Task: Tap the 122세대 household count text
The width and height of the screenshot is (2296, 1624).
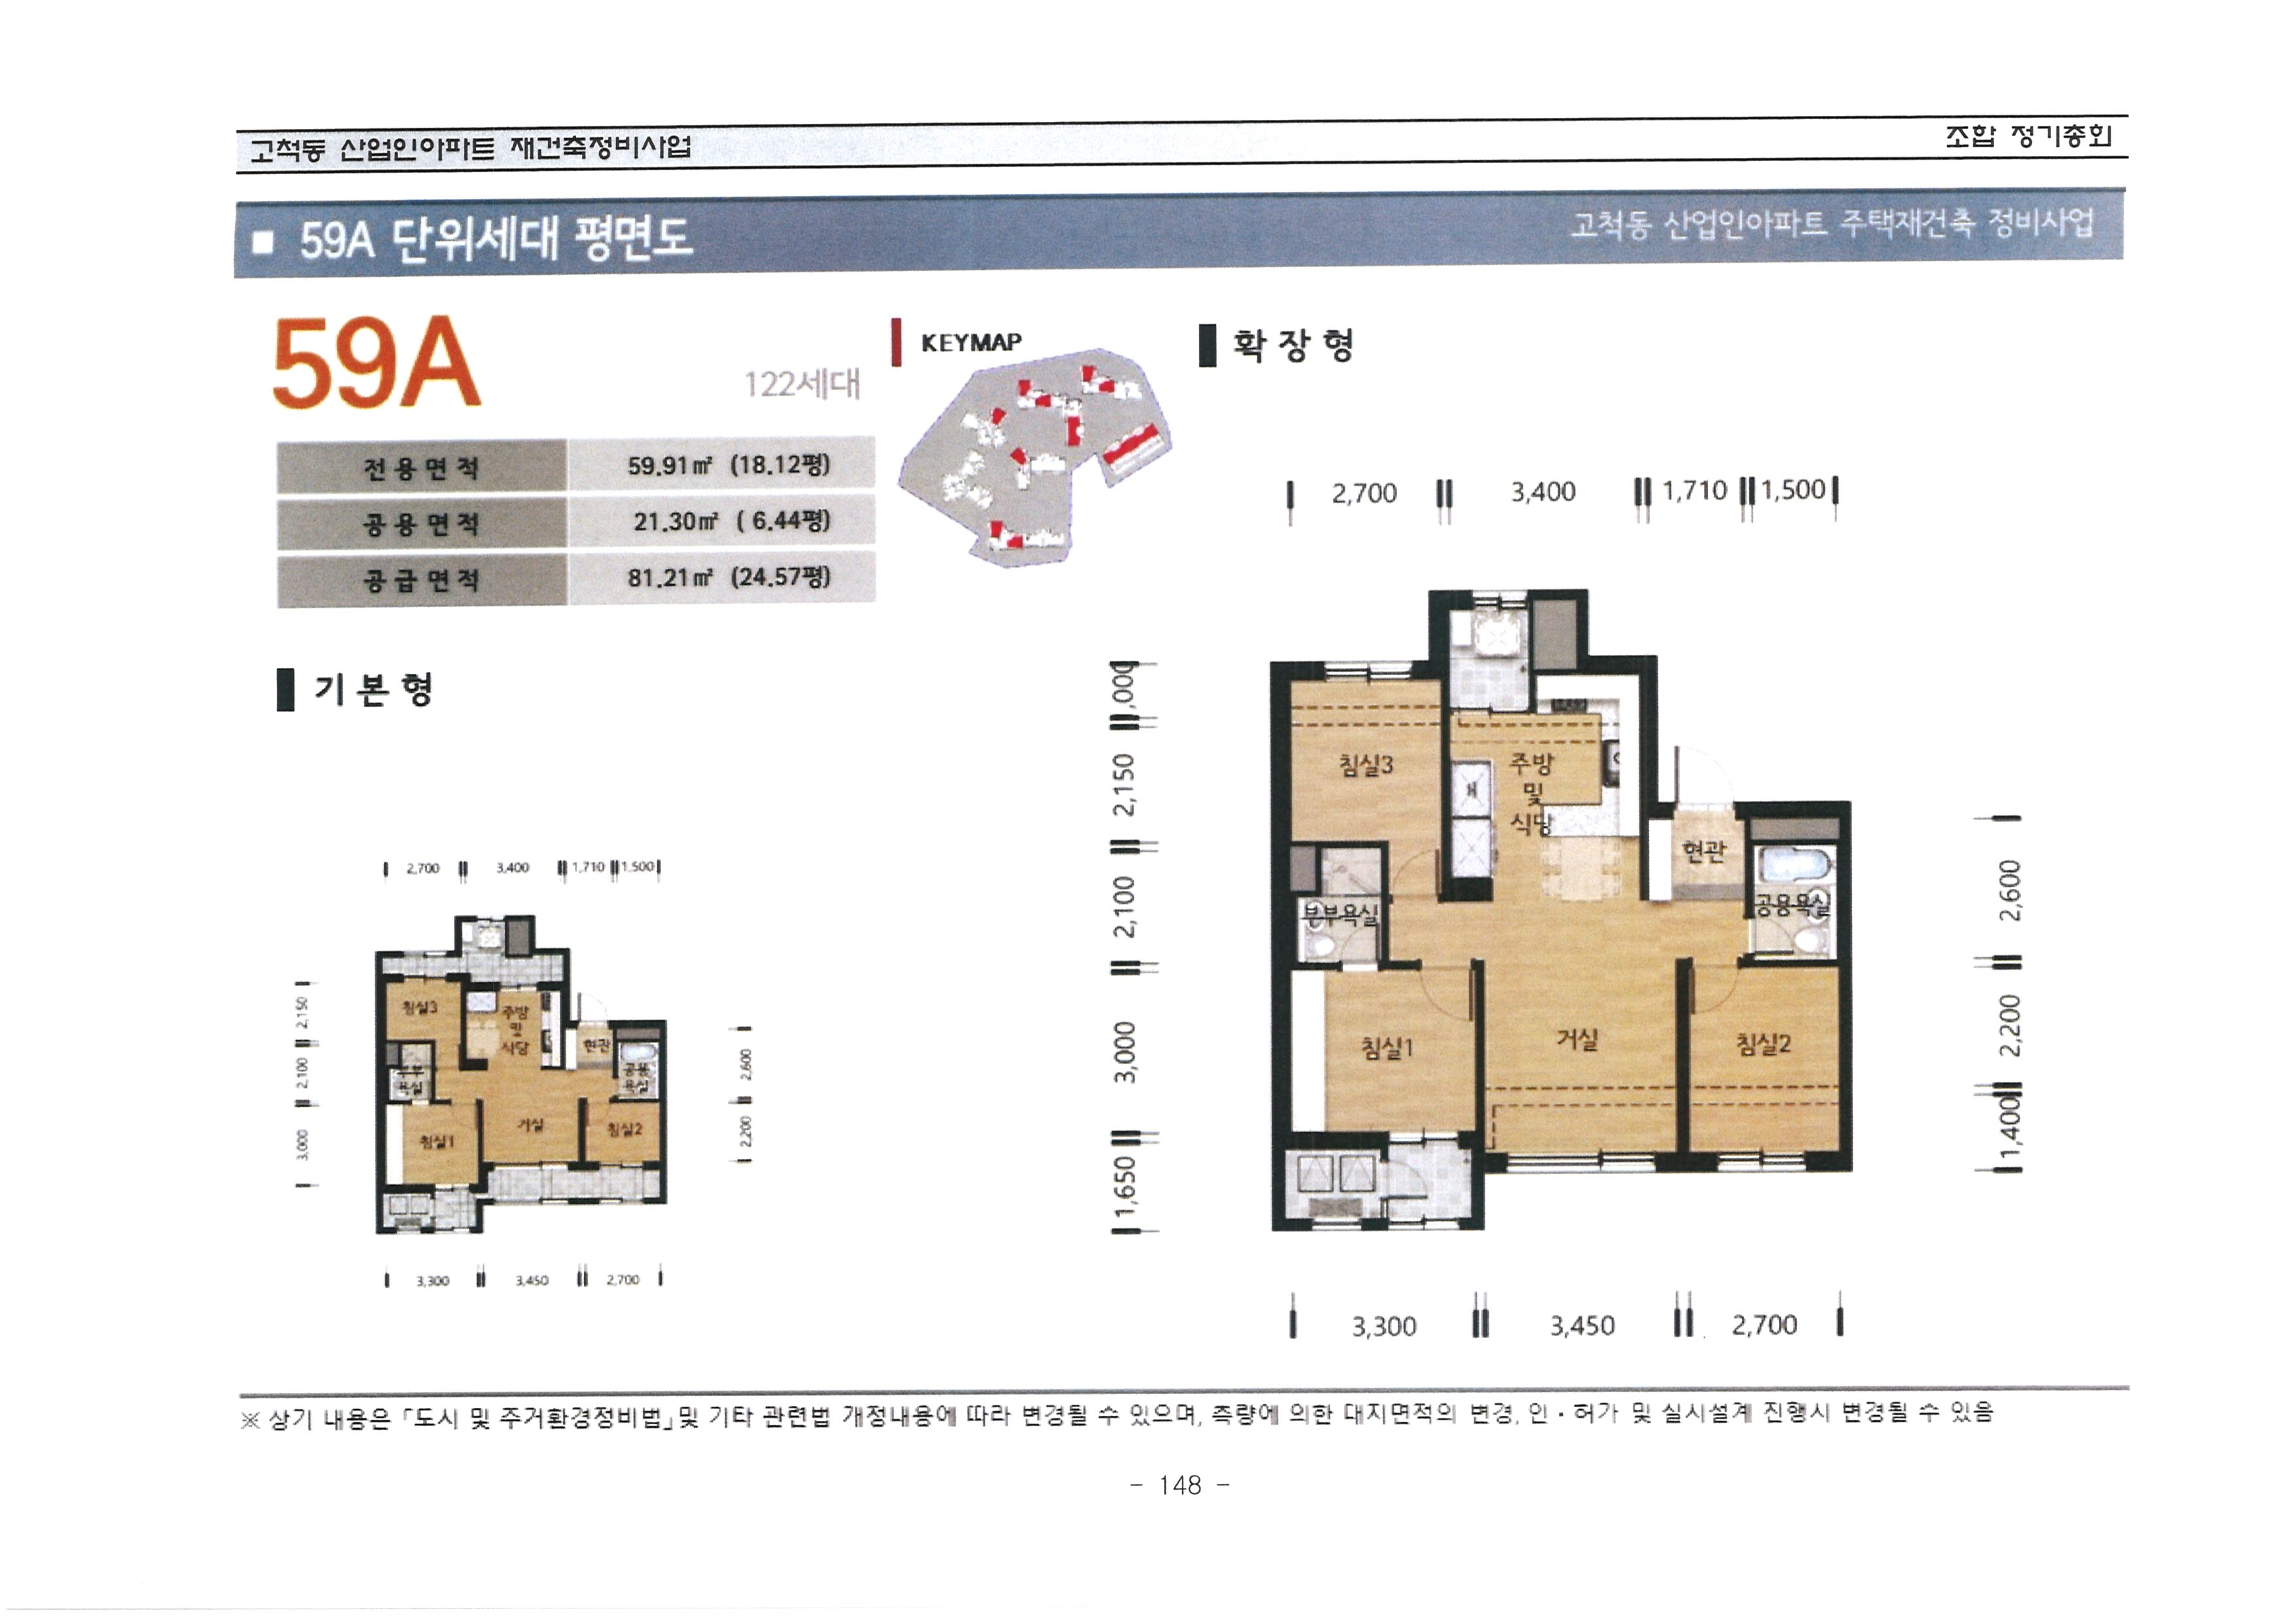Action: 801,384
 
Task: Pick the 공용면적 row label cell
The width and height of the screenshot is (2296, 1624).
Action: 421,524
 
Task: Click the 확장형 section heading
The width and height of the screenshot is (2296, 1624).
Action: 1292,346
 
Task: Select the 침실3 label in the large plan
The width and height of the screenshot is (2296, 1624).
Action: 1365,766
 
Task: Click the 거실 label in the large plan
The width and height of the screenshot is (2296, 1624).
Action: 1577,1040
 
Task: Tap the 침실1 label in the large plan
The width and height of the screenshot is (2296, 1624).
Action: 1387,1048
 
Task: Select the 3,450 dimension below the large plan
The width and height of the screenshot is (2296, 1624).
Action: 1582,1326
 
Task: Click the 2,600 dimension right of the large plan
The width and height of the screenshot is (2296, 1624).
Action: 2010,890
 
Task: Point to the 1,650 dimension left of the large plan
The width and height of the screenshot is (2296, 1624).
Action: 1125,1185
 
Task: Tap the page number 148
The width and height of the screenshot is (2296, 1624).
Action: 1180,1485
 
